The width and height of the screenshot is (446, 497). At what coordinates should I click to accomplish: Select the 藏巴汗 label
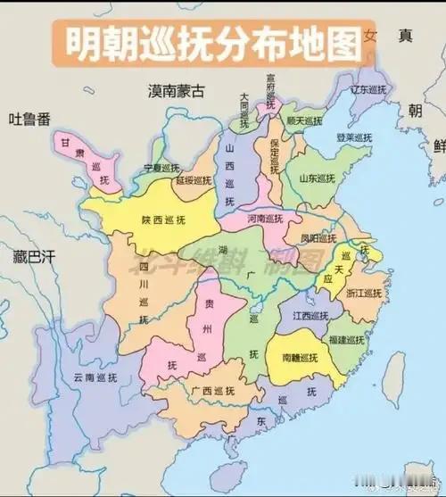click(x=34, y=257)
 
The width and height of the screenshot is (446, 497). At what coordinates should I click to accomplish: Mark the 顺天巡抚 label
click(x=304, y=120)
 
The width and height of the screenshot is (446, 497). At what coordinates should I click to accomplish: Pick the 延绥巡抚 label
click(x=194, y=179)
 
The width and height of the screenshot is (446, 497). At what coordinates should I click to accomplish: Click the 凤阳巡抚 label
click(x=319, y=239)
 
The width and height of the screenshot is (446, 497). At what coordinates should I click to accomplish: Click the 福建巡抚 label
click(x=344, y=340)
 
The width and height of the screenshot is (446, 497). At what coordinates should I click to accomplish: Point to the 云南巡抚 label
click(x=95, y=377)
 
